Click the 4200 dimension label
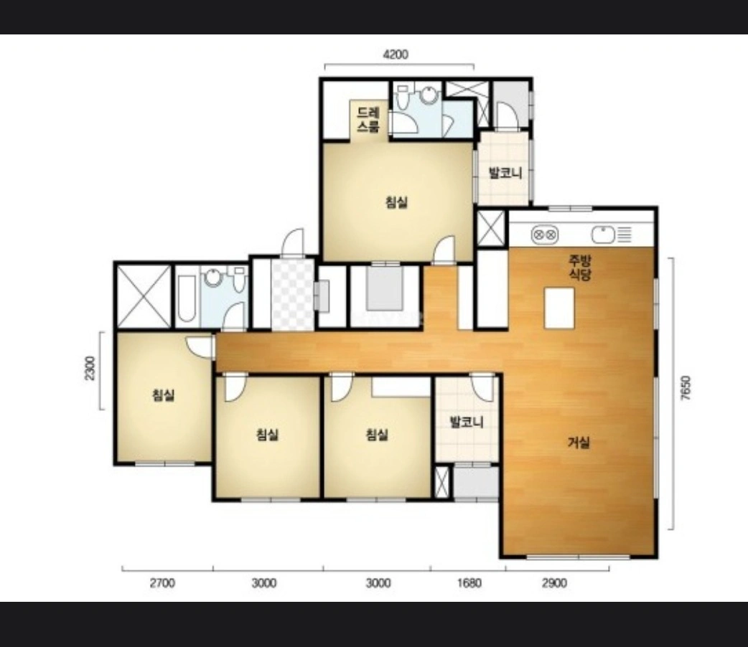[396, 55]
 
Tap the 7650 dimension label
[685, 388]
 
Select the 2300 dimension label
[90, 368]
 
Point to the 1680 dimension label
[469, 582]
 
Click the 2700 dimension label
[162, 582]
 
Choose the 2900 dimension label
[554, 582]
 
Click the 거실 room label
[579, 443]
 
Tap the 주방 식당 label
[579, 268]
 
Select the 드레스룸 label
[368, 120]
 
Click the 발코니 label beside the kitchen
[505, 173]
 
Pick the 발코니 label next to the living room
[467, 422]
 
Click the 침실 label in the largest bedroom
[396, 202]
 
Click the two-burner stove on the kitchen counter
[545, 235]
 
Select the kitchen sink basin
[603, 235]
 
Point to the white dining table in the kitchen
[559, 308]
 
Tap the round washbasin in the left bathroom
[212, 277]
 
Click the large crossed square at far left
[144, 296]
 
